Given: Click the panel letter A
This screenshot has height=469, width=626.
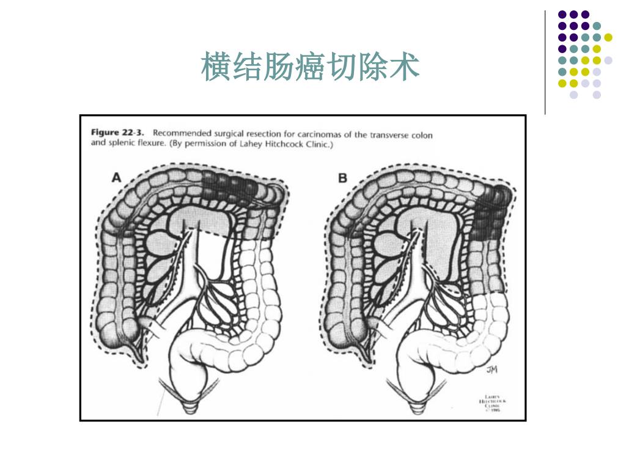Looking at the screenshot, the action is coord(116,178).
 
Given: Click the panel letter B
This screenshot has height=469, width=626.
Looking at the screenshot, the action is coord(342,178).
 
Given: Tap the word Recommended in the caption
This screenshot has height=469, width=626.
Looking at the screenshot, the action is coord(180,133).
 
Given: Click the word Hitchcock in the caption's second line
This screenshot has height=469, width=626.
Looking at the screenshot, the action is coord(274,144).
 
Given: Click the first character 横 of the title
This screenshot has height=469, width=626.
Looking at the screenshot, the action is coord(216,67).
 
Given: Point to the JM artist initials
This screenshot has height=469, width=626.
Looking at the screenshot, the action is coord(492,369).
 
